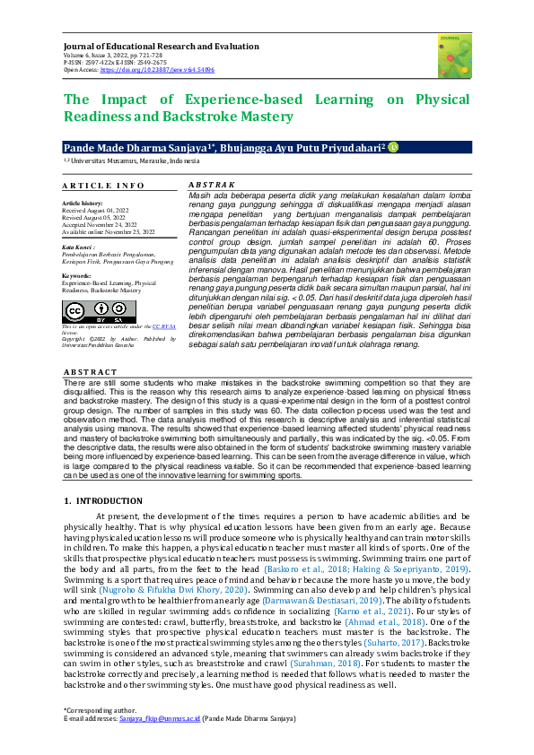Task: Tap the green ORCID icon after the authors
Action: point(392,145)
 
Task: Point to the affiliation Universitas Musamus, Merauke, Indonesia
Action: point(135,161)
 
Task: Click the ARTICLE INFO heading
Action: point(103,186)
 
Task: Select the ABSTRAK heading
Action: point(208,185)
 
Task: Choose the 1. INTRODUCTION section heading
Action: point(103,500)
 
